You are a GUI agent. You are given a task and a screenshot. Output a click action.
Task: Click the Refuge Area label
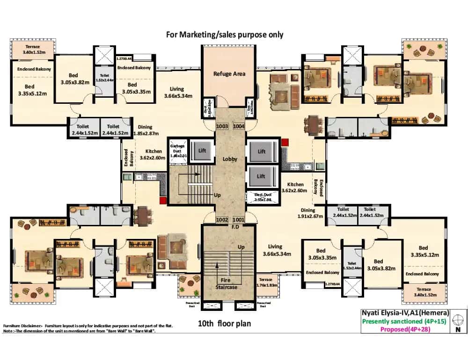[229, 74]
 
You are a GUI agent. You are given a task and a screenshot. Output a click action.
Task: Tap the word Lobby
[230, 159]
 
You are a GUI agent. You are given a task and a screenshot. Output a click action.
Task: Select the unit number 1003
[222, 126]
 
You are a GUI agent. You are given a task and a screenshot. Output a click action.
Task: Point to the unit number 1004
[239, 126]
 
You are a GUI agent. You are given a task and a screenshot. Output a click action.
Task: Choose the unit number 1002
[222, 219]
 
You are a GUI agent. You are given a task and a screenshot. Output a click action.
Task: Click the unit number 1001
[239, 219]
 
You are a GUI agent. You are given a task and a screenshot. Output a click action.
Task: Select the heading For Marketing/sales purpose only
[225, 35]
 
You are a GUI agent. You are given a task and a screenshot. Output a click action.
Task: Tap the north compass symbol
[459, 320]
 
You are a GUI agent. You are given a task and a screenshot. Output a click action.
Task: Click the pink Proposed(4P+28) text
[405, 329]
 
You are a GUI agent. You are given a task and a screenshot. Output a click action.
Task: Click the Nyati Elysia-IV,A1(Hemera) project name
[405, 313]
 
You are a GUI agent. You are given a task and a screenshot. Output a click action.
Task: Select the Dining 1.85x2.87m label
[145, 130]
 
